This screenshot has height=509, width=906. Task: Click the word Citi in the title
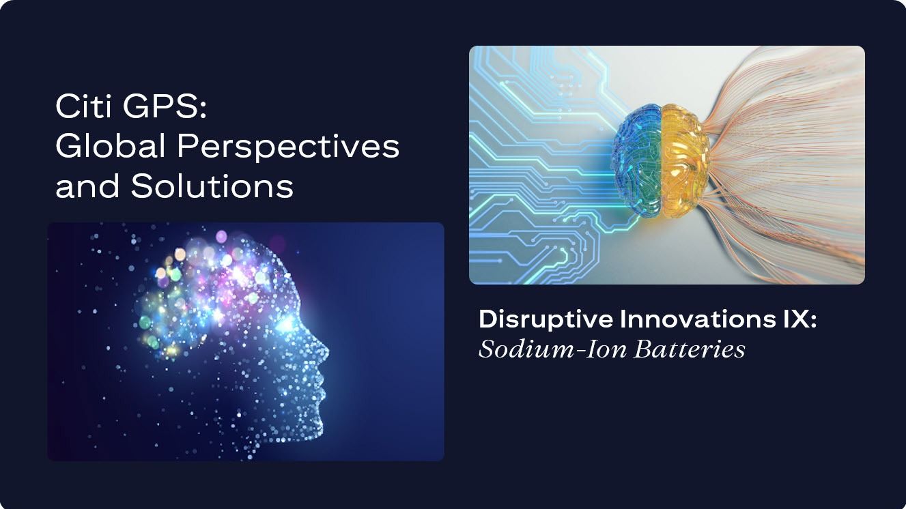(84, 106)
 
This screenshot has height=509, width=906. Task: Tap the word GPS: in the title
(165, 106)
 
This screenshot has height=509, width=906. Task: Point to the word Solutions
(212, 186)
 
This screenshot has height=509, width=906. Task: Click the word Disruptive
(546, 320)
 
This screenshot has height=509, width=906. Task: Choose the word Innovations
(698, 319)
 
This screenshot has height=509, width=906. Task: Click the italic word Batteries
(690, 349)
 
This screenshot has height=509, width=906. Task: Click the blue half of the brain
(638, 160)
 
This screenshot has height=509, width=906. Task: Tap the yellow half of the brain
(685, 160)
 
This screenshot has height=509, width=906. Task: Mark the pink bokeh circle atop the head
(221, 237)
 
